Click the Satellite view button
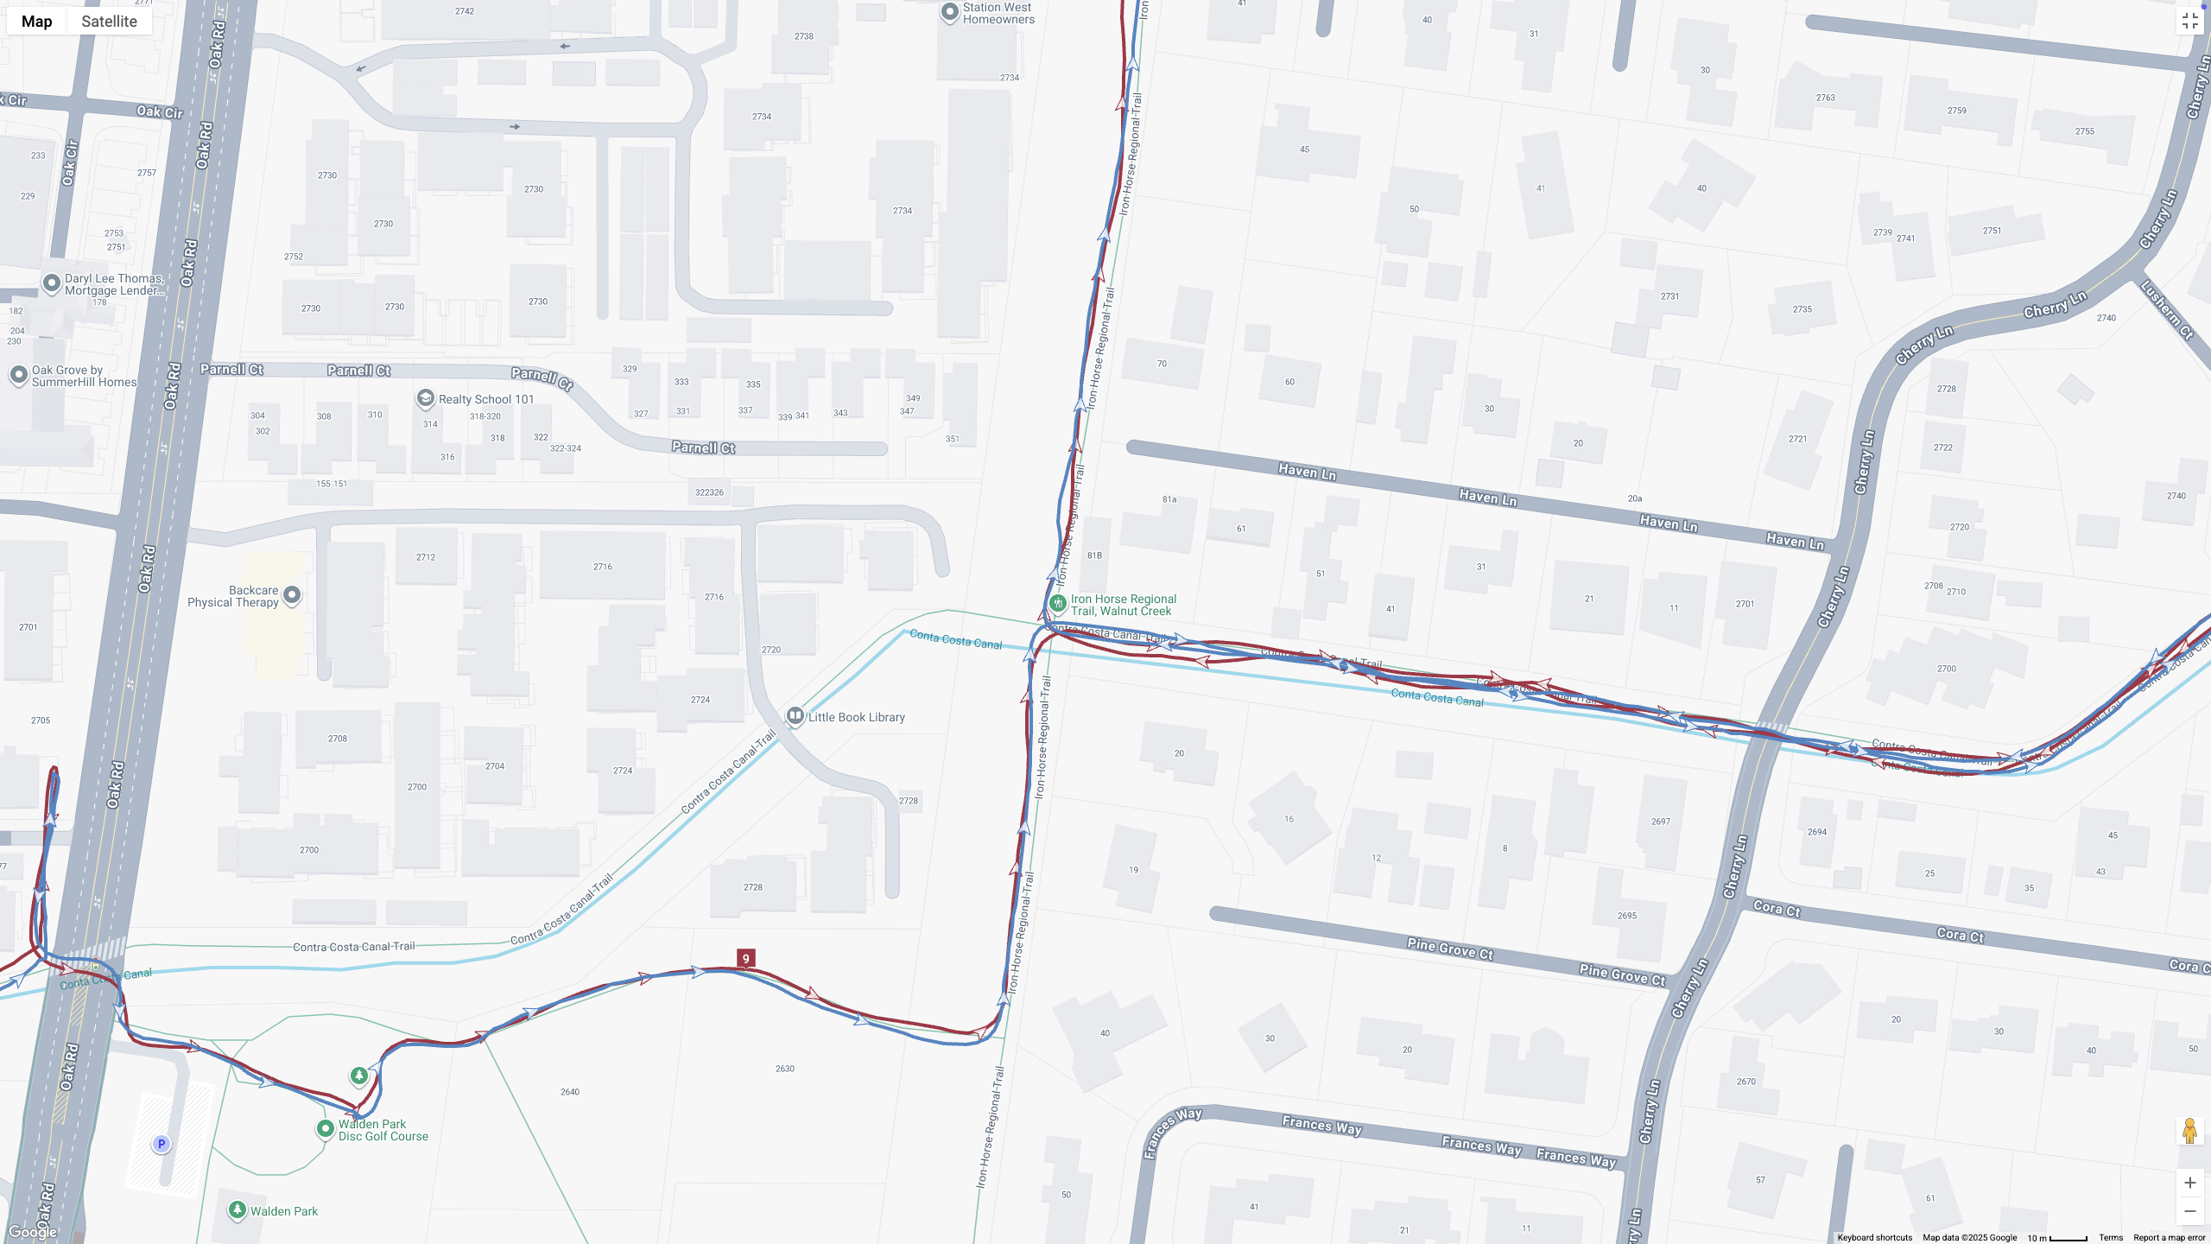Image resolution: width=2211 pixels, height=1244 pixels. tap(109, 22)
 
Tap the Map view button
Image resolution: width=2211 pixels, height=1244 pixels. tap(37, 22)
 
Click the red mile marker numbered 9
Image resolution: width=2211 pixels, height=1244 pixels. tap(746, 958)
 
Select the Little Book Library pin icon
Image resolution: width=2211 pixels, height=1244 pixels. tap(795, 716)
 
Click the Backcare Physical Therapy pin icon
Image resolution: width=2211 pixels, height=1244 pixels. tap(292, 594)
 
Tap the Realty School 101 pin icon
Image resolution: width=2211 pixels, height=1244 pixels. tap(425, 398)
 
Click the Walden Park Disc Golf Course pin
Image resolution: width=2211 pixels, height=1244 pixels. tap(326, 1128)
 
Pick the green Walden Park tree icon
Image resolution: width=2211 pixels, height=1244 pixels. tap(238, 1210)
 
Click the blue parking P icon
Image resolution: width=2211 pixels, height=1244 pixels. tap(161, 1144)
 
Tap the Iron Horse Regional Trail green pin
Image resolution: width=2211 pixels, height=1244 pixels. tap(1058, 603)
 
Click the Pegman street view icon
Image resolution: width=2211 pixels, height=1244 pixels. tap(2189, 1130)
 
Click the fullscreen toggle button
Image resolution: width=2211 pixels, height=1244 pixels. tap(2189, 22)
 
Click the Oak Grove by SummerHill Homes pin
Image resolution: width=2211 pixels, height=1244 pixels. tap(19, 375)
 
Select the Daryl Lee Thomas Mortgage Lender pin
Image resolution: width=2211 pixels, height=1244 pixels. tap(52, 282)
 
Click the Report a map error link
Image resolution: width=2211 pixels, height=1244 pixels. tap(2169, 1238)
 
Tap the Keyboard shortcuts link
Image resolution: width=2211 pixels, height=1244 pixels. tap(1874, 1238)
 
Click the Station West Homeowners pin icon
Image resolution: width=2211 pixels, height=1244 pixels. tap(950, 12)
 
